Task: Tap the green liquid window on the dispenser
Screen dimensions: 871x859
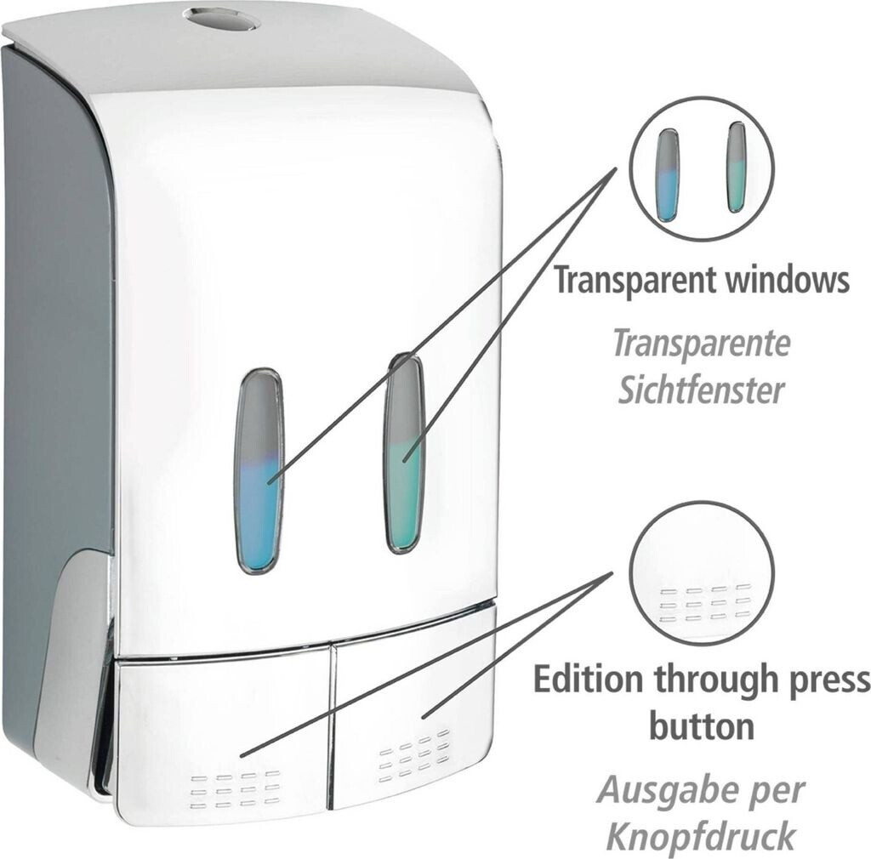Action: tap(405, 455)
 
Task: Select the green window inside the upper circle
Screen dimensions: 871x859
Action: tap(736, 168)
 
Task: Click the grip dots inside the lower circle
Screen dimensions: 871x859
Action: tap(705, 601)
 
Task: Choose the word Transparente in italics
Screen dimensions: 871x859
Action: tap(701, 344)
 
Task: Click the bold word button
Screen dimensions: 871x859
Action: tap(702, 726)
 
